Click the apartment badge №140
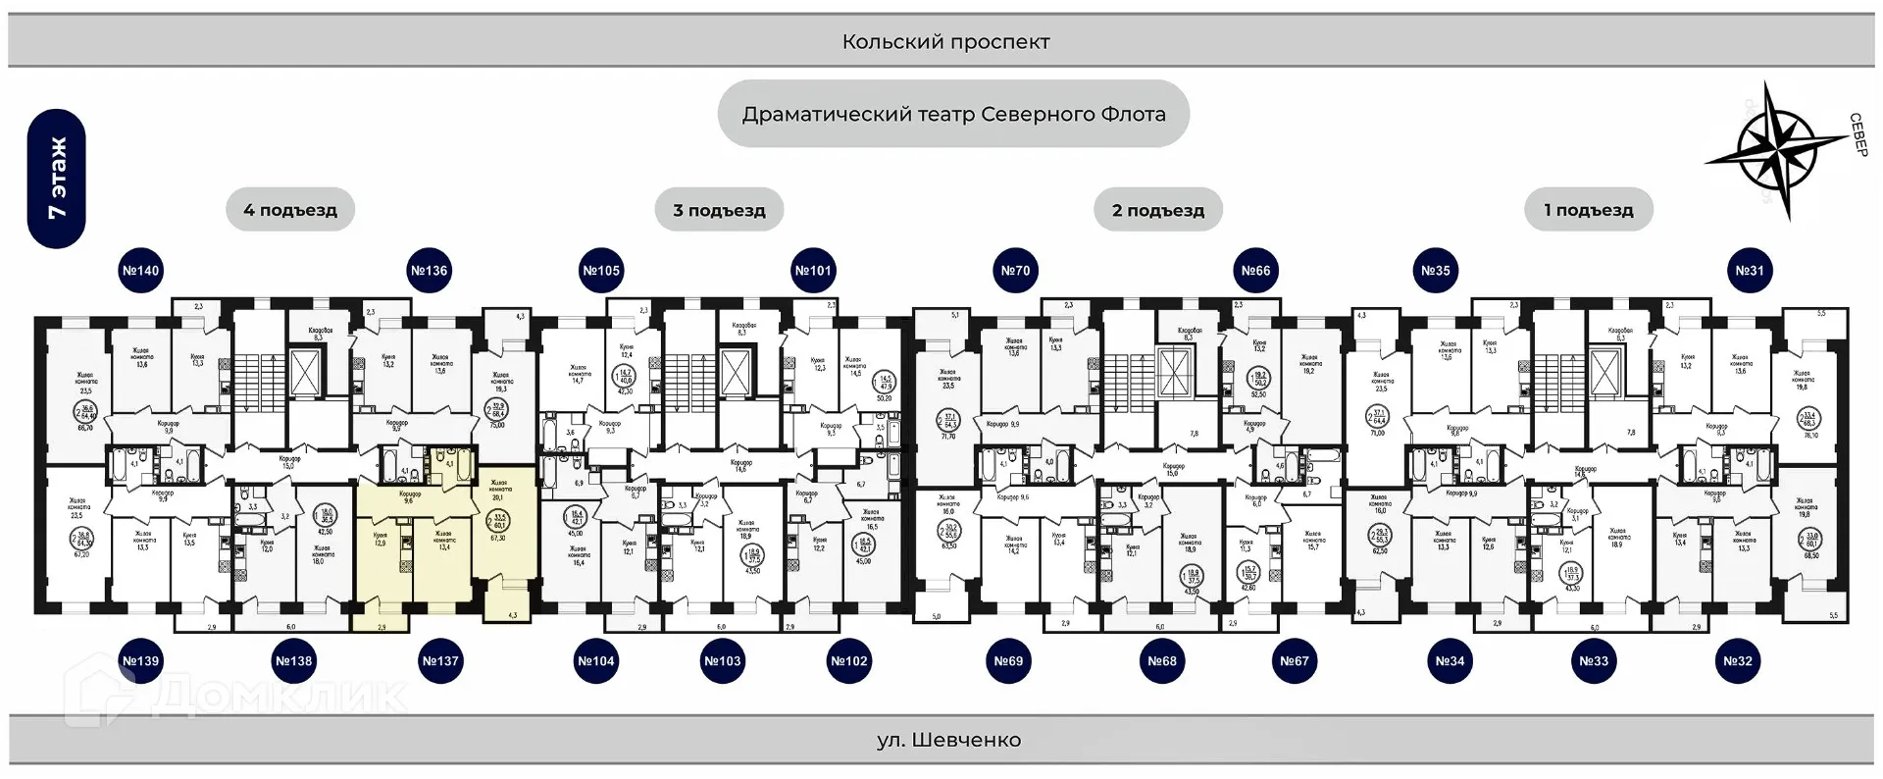pyautogui.click(x=140, y=271)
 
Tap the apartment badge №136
pyautogui.click(x=429, y=271)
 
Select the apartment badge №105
pyautogui.click(x=601, y=271)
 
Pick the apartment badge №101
pyautogui.click(x=813, y=271)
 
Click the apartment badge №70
pyautogui.click(x=1016, y=271)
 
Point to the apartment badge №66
pyautogui.click(x=1255, y=271)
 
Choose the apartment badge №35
pyautogui.click(x=1436, y=271)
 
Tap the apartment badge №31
pyautogui.click(x=1750, y=271)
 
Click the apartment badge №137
pyautogui.click(x=440, y=661)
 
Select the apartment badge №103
pyautogui.click(x=723, y=661)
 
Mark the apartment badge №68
pyautogui.click(x=1162, y=661)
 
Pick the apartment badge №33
pyautogui.click(x=1594, y=661)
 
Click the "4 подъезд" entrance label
pyautogui.click(x=290, y=210)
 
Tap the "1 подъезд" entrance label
pyautogui.click(x=1589, y=210)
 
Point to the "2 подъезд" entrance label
pyautogui.click(x=1158, y=210)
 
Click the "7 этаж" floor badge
pyautogui.click(x=57, y=179)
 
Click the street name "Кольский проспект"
pyautogui.click(x=945, y=42)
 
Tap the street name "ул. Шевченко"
pyautogui.click(x=948, y=741)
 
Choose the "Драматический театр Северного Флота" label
pyautogui.click(x=953, y=114)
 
